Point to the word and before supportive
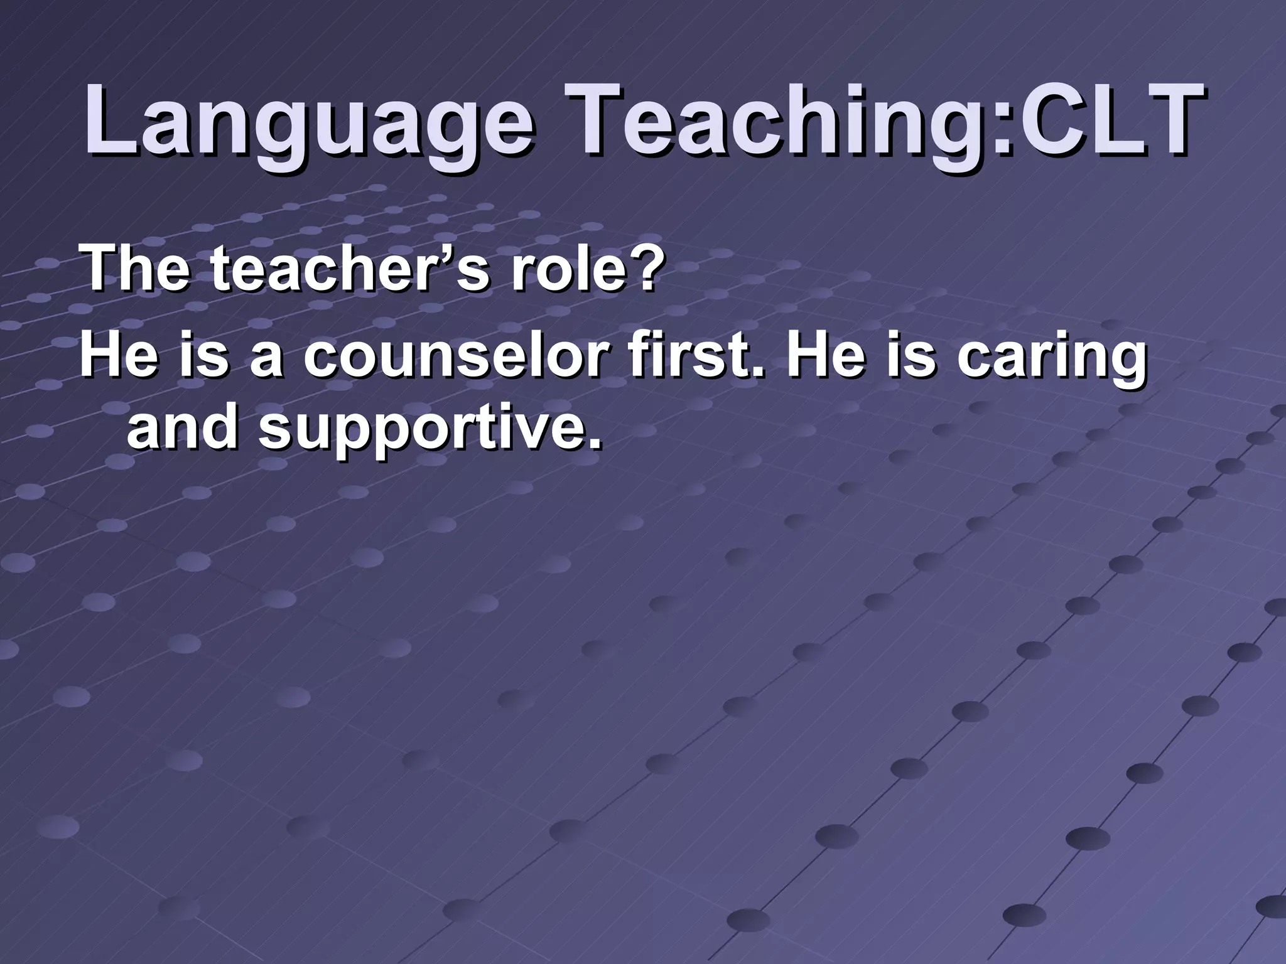pos(182,427)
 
